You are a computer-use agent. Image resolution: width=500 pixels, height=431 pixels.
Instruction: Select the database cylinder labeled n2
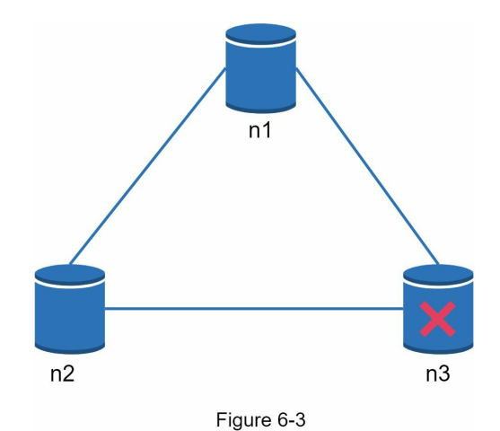point(69,310)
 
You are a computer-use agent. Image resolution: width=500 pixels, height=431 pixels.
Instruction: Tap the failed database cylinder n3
point(437,310)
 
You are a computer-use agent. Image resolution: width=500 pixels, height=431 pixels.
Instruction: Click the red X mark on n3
point(437,320)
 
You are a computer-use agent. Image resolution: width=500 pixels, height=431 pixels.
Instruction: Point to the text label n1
point(260,130)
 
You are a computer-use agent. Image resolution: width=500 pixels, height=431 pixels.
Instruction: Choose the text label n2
point(61,373)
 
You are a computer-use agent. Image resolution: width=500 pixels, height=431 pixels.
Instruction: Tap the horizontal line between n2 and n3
point(251,309)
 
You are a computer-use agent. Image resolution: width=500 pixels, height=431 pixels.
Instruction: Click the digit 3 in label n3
point(445,373)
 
